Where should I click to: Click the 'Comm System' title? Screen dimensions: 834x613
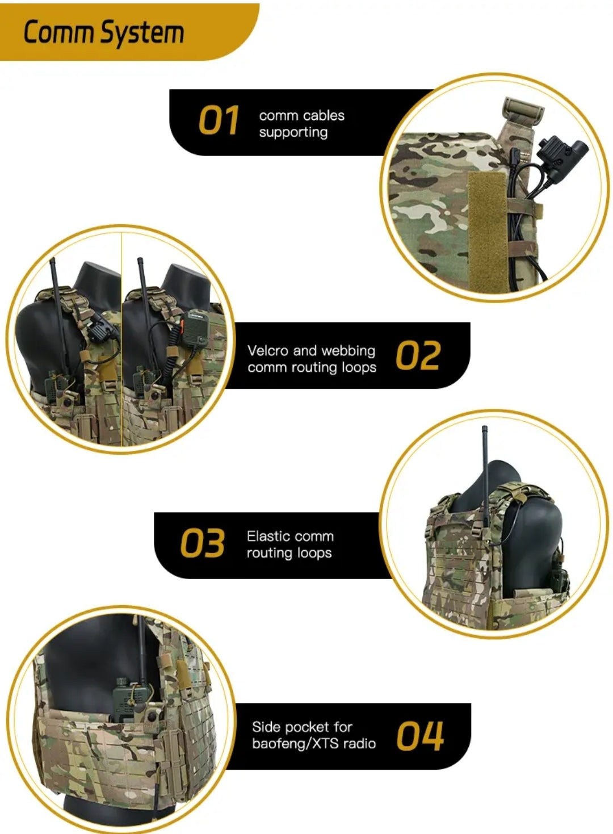click(x=104, y=32)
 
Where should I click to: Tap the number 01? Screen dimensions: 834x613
click(x=219, y=121)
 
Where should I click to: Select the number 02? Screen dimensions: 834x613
click(x=418, y=356)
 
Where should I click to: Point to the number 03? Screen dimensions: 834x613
click(x=202, y=544)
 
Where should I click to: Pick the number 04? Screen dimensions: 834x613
click(x=420, y=736)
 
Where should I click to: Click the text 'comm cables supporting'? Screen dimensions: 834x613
click(x=301, y=124)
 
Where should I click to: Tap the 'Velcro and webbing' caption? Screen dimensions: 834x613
click(x=311, y=351)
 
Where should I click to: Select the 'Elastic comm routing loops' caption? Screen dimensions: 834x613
click(x=289, y=544)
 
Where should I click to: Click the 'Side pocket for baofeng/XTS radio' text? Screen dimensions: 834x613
click(x=313, y=735)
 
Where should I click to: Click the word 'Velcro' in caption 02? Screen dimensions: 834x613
click(x=267, y=351)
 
